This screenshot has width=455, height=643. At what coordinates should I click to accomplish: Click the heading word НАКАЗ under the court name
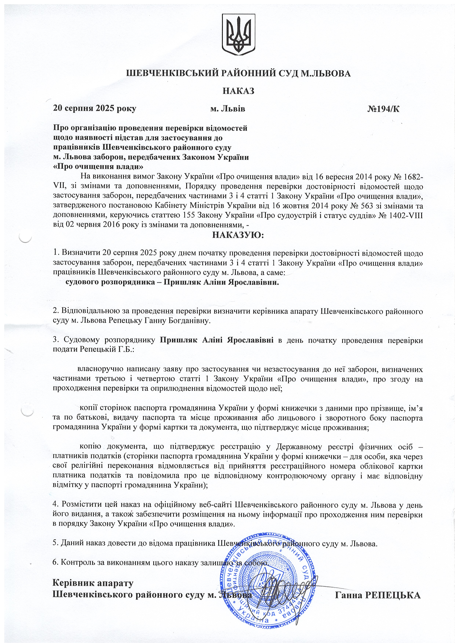[x=238, y=91]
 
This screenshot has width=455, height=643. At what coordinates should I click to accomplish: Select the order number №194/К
[x=383, y=109]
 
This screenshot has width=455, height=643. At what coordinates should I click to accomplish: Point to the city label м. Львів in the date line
[x=228, y=109]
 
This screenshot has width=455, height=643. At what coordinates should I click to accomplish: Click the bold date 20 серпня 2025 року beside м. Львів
[x=95, y=109]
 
